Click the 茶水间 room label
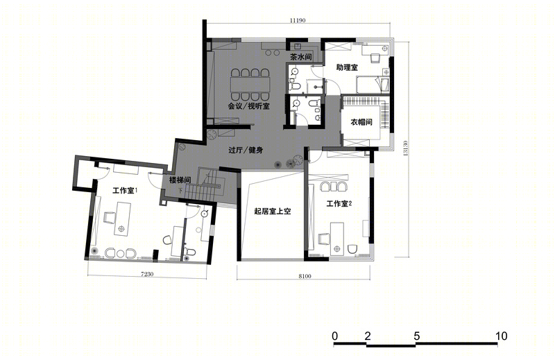(x=300, y=57)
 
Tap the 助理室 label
(x=347, y=67)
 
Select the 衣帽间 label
(x=361, y=122)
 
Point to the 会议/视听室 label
(x=248, y=106)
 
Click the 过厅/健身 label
(x=246, y=150)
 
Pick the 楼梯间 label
(x=180, y=180)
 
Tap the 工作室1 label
(x=125, y=191)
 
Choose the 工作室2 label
(x=339, y=203)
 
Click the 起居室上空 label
(x=273, y=212)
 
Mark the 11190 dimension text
(x=298, y=21)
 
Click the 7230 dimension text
(x=147, y=273)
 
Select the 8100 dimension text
(x=305, y=276)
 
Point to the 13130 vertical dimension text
(x=405, y=148)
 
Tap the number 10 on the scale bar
(x=501, y=336)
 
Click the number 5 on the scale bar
(x=417, y=336)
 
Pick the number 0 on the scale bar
(x=335, y=336)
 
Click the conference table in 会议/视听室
(x=250, y=85)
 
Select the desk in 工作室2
(x=337, y=238)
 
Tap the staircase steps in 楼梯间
(x=200, y=193)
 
